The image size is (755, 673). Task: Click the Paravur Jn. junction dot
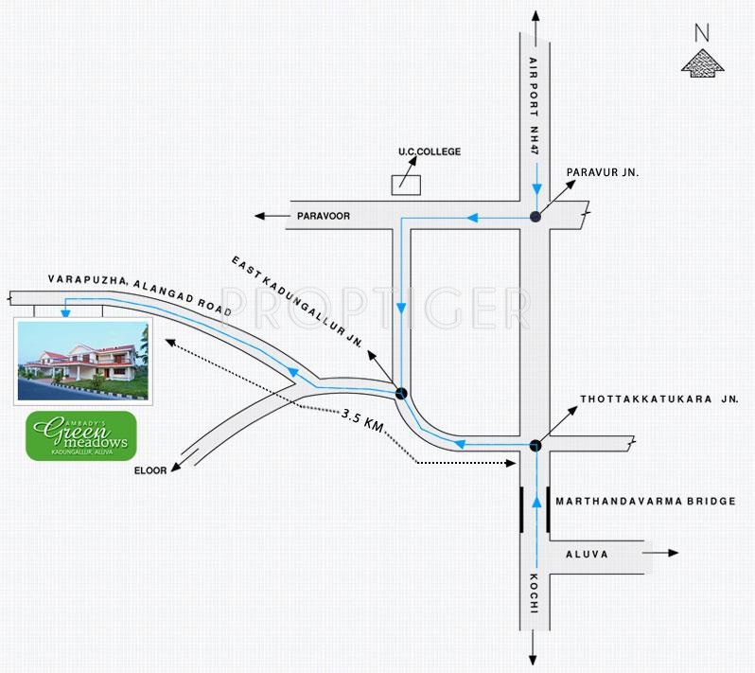535,217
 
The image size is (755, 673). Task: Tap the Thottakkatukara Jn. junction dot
536,446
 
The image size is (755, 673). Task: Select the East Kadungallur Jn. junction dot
401,394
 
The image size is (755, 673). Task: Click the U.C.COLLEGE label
430,151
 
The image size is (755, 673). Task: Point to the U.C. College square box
406,186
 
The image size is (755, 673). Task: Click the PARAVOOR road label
324,216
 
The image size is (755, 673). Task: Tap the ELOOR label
150,470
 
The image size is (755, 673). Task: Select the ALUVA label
587,555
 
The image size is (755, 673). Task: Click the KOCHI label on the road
534,593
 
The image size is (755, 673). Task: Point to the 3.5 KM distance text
362,420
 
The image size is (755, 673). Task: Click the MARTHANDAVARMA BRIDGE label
645,502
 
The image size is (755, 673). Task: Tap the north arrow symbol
703,63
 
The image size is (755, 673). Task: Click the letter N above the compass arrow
702,33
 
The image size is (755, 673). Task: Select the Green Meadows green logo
81,435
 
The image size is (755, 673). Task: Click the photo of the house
83,361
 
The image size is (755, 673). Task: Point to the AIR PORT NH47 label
534,106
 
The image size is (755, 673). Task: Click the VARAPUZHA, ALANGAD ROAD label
140,294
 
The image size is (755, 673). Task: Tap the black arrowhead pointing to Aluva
673,553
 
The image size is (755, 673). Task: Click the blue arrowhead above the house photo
65,313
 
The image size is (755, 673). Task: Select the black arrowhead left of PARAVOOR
260,216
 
